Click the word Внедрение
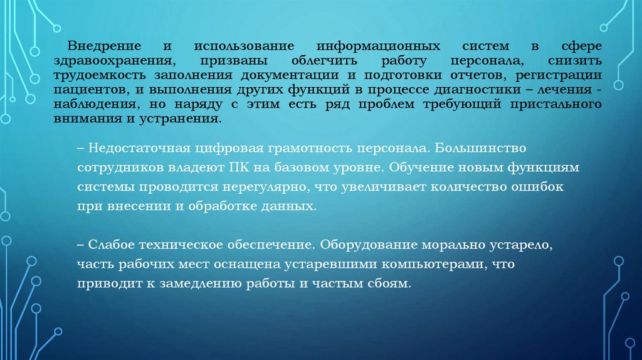click(x=102, y=48)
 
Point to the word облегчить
click(x=324, y=61)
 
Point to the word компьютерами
click(x=425, y=265)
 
